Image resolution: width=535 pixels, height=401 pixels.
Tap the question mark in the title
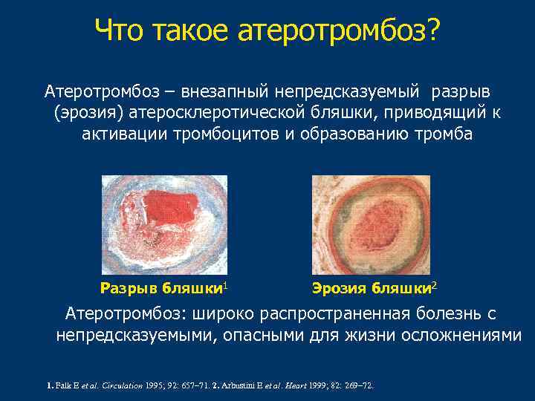(432, 31)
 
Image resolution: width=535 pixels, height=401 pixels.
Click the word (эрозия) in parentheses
(88, 113)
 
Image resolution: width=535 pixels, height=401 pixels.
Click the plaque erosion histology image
(372, 223)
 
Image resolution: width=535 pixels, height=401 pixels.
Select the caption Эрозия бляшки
(371, 287)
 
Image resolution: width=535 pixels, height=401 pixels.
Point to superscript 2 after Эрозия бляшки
(434, 284)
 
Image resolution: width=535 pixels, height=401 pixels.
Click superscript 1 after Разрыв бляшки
(225, 284)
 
